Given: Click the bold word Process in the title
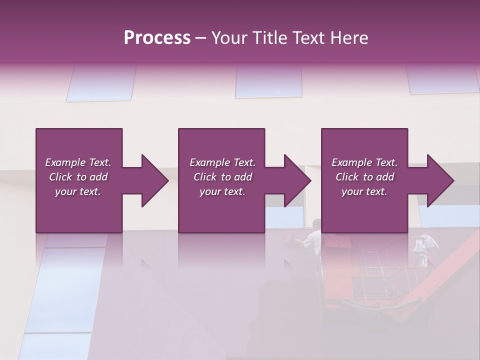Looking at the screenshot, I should (157, 38).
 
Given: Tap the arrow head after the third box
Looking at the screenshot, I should (440, 180).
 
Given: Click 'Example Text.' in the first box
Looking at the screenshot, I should (78, 162).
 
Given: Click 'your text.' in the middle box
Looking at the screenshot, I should (222, 191).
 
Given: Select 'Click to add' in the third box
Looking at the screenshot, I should (364, 177).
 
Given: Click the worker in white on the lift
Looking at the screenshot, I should (313, 237).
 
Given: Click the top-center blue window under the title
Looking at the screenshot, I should (268, 81).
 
